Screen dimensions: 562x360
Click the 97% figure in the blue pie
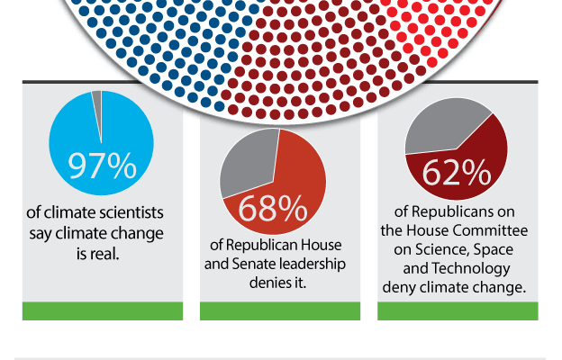(x=102, y=165)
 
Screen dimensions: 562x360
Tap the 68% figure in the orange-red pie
(x=273, y=208)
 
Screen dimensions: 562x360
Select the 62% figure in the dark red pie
(x=457, y=173)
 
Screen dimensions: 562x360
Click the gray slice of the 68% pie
(x=248, y=165)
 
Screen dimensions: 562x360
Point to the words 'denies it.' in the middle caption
(x=277, y=283)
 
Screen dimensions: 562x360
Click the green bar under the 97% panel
(x=103, y=310)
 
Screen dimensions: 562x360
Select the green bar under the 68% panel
(x=280, y=310)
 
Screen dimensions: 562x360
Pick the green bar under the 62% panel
(x=458, y=310)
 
